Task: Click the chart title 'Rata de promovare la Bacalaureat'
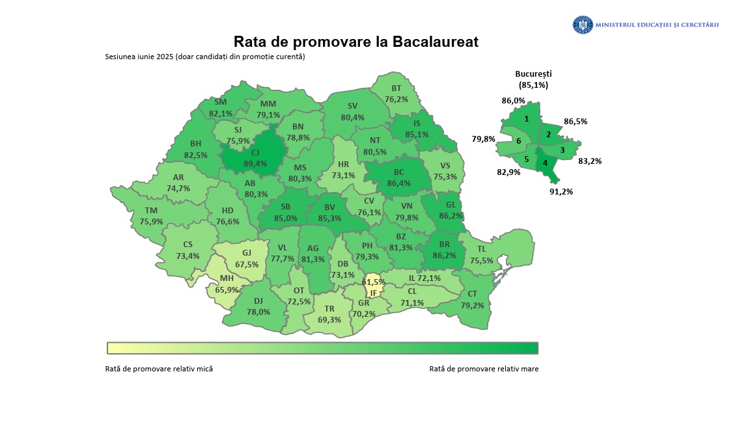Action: coord(356,42)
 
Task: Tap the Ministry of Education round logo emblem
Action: coord(583,25)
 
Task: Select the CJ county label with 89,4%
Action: coord(255,158)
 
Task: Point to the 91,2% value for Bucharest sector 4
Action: coord(561,192)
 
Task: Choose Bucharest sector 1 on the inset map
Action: coord(526,119)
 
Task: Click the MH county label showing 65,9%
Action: coord(227,284)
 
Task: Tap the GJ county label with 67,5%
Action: coord(246,259)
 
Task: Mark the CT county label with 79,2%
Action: coord(472,299)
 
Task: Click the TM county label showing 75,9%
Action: coord(151,216)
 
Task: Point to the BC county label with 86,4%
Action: coord(398,178)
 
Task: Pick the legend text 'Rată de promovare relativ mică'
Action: coord(159,369)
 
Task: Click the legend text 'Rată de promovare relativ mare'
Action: coord(484,369)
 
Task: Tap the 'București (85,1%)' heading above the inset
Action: coord(533,79)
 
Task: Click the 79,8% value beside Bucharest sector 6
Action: coord(483,139)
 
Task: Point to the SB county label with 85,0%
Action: coord(285,213)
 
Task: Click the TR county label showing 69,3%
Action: coord(329,315)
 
